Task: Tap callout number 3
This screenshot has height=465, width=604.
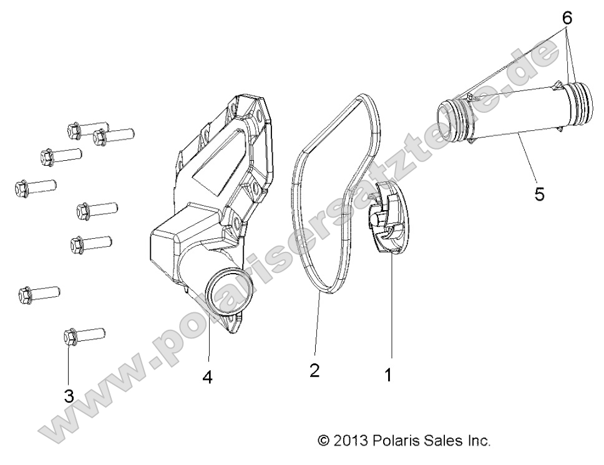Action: (69, 395)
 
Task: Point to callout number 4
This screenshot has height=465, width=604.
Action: (207, 377)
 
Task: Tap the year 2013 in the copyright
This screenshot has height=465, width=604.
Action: (351, 441)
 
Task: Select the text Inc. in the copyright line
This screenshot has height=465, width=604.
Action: (477, 441)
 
